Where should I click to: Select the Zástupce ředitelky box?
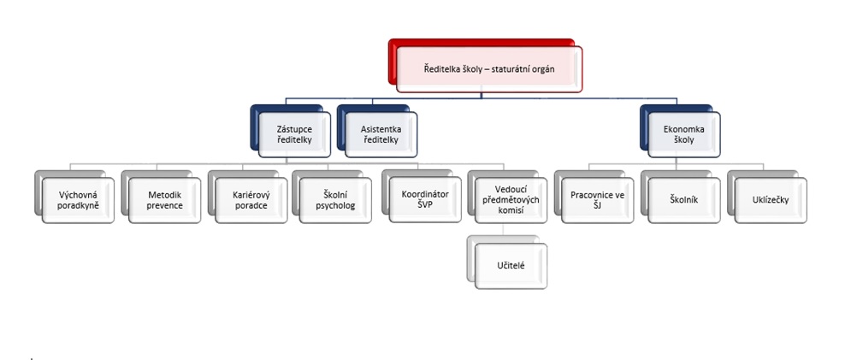point(294,134)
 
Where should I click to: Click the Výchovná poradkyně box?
point(79,200)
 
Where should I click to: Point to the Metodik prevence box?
point(164,200)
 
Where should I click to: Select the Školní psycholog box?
point(335,200)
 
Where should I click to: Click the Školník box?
point(682,200)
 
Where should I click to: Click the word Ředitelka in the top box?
point(445,68)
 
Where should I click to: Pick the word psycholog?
point(335,206)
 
